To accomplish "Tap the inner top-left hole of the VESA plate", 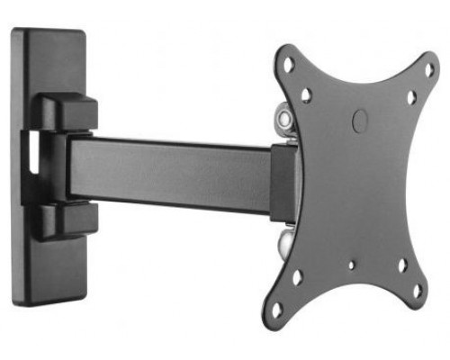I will pyautogui.click(x=306, y=94).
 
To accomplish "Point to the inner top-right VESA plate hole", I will pyautogui.click(x=410, y=97).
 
